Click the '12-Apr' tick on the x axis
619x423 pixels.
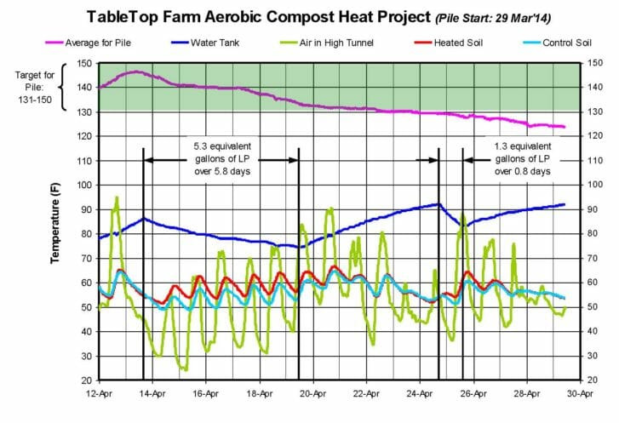[100, 394]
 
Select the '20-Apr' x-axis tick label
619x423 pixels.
[313, 394]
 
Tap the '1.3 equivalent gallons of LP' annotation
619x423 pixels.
[522, 159]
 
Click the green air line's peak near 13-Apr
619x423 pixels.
[117, 197]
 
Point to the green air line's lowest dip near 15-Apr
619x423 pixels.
[183, 369]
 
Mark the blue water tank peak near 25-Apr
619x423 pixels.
[438, 203]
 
